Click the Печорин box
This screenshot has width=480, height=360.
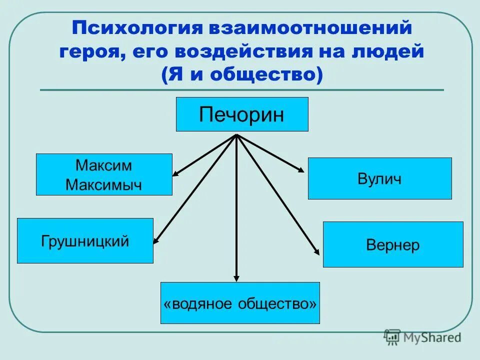click(x=242, y=114)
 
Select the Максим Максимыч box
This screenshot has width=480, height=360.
click(x=104, y=174)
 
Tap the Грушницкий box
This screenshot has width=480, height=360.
click(x=85, y=241)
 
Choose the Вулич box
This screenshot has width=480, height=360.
click(x=379, y=178)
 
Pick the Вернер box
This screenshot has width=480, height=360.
click(x=393, y=245)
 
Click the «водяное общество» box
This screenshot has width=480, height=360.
click(x=240, y=303)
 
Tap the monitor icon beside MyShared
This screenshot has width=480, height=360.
click(x=392, y=336)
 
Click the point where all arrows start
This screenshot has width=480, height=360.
click(x=236, y=135)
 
